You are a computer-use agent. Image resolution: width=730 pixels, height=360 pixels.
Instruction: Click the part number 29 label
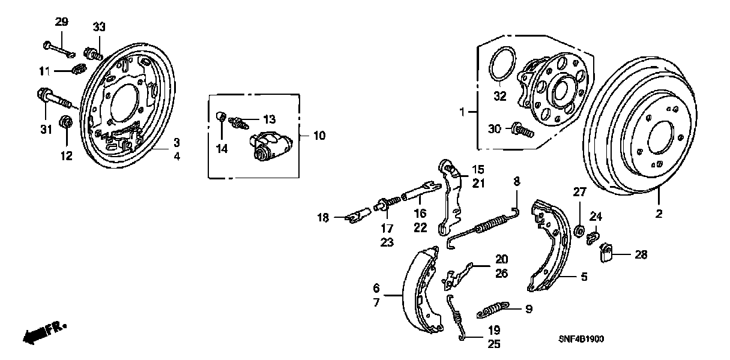(62, 22)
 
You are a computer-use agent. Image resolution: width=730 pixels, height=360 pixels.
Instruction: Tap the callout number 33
(99, 27)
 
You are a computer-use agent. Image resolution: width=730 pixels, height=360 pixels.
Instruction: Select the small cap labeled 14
(220, 116)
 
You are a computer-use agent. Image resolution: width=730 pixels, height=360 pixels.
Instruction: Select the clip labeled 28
(607, 254)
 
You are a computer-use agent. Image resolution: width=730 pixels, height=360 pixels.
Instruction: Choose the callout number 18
(324, 217)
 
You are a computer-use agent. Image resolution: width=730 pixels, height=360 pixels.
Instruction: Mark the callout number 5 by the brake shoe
(584, 277)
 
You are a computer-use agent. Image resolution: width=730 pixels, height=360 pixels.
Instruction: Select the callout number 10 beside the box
(319, 136)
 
